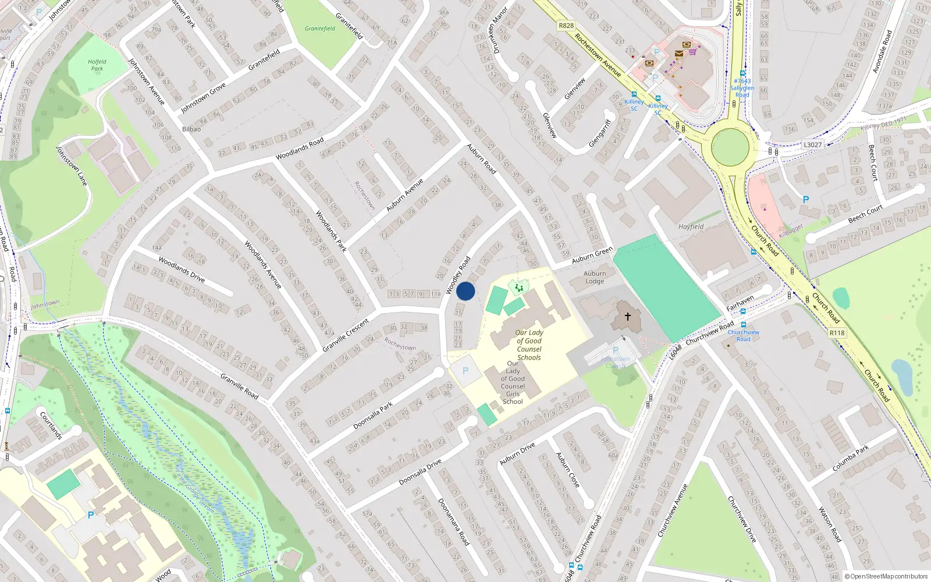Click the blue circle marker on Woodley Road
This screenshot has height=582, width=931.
(x=465, y=291)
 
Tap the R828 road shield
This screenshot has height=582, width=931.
(x=566, y=26)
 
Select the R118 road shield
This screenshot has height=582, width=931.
(x=837, y=333)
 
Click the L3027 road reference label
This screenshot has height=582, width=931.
(x=812, y=145)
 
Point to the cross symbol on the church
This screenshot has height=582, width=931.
(x=627, y=317)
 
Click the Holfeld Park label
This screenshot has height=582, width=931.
(x=97, y=65)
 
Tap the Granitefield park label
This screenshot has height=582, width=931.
(x=320, y=29)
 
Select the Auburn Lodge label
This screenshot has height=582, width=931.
(x=595, y=278)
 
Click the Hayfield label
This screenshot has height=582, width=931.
(x=691, y=227)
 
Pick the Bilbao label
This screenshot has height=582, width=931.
(x=191, y=129)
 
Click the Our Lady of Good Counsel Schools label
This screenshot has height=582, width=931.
(x=529, y=345)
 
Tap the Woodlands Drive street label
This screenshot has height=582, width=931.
(x=182, y=269)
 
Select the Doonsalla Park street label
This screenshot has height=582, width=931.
(x=373, y=416)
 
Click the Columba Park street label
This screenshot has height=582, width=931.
(x=850, y=458)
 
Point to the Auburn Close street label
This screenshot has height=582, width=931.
(x=567, y=470)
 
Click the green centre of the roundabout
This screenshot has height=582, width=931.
(x=730, y=147)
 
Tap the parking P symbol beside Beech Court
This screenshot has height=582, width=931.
(x=806, y=200)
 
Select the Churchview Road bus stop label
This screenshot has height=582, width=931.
(x=743, y=336)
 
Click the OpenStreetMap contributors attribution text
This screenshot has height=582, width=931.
(x=886, y=576)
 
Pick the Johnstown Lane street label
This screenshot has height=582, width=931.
(x=71, y=166)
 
